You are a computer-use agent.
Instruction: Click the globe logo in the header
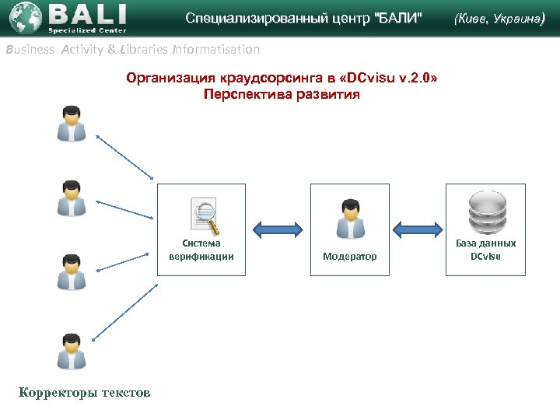pyautogui.click(x=24, y=17)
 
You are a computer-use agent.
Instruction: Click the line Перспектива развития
pyautogui.click(x=281, y=95)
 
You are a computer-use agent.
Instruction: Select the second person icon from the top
pyautogui.click(x=72, y=198)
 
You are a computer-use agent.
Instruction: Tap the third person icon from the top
pyautogui.click(x=72, y=271)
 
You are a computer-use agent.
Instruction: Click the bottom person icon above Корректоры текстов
pyautogui.click(x=72, y=350)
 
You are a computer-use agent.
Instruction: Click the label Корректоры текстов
pyautogui.click(x=85, y=393)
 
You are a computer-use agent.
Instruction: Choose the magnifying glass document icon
pyautogui.click(x=205, y=216)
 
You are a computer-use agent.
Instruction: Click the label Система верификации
pyautogui.click(x=201, y=250)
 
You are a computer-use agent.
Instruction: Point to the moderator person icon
pyautogui.click(x=350, y=219)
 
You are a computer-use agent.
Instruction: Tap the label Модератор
pyautogui.click(x=350, y=256)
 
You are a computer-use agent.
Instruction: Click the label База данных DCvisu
pyautogui.click(x=485, y=250)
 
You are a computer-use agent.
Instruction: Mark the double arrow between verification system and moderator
pyautogui.click(x=278, y=228)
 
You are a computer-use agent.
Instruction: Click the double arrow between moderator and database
pyautogui.click(x=417, y=228)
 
